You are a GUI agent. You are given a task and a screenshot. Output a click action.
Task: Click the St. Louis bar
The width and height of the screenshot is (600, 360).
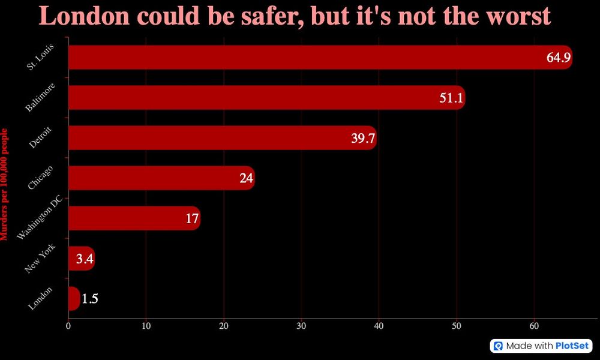300,58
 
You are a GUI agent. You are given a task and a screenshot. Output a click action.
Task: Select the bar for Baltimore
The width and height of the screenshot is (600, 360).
252,98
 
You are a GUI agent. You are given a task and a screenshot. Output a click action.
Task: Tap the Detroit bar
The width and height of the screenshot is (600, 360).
210,138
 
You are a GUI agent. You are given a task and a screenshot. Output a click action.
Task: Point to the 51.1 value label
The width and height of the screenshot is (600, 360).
451,98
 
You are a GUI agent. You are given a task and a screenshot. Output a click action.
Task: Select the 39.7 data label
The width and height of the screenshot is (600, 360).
363,139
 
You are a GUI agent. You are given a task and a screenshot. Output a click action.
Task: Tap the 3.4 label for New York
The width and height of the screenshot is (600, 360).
85,259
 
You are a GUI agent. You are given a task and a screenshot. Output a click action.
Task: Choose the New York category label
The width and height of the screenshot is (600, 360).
40,259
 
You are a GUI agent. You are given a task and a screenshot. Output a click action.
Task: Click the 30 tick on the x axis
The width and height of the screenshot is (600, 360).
301,326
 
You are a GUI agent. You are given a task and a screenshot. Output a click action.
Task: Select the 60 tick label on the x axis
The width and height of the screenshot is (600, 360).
534,326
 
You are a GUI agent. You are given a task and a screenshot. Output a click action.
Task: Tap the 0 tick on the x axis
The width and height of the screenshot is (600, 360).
68,326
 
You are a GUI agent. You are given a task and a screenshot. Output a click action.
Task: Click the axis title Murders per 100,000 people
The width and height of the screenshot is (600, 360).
5,184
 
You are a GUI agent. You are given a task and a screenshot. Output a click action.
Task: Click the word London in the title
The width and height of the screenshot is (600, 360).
83,16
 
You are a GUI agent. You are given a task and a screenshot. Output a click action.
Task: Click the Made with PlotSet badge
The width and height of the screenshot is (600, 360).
541,346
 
